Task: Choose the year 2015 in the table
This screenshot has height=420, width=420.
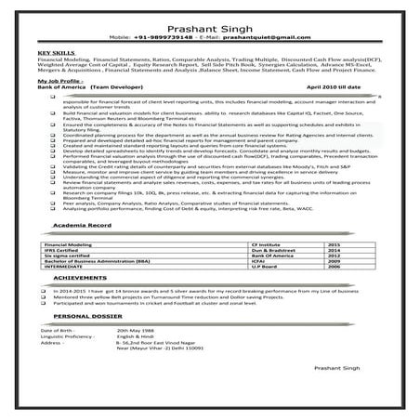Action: click(334, 268)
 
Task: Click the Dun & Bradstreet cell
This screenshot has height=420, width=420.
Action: click(245, 274)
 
